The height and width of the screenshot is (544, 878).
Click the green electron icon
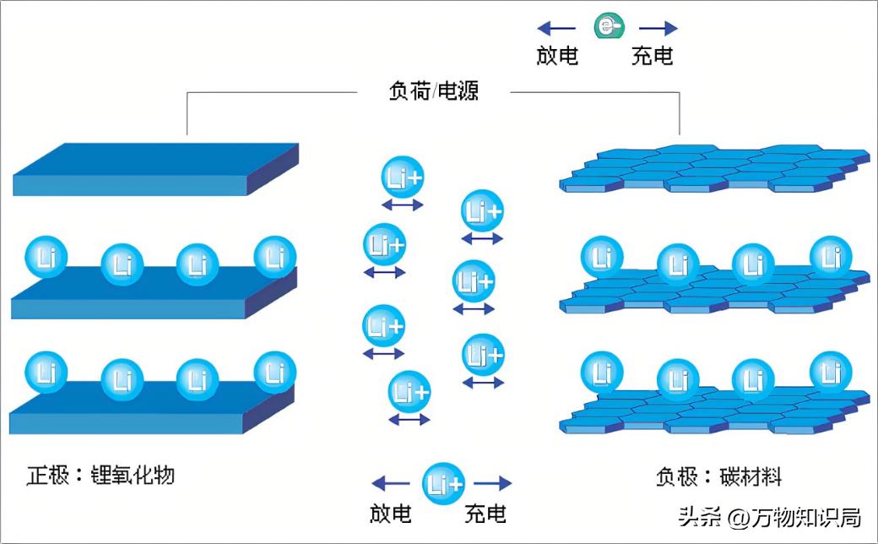(x=607, y=28)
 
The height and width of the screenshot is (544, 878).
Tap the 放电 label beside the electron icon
(x=557, y=56)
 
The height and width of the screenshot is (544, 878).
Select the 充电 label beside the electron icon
(x=653, y=56)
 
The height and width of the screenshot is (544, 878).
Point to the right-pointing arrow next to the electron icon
(x=658, y=28)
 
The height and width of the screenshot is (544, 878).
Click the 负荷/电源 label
(x=433, y=90)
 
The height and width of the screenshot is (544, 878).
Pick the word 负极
(x=676, y=476)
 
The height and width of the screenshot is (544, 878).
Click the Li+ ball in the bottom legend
(x=443, y=483)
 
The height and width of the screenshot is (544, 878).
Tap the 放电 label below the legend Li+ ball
(x=391, y=513)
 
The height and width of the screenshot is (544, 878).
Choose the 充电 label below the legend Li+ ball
(x=485, y=513)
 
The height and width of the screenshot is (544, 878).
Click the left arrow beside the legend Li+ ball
(x=392, y=483)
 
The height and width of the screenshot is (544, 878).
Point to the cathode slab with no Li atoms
(x=156, y=169)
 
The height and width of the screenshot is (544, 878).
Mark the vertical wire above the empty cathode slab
(x=187, y=113)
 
